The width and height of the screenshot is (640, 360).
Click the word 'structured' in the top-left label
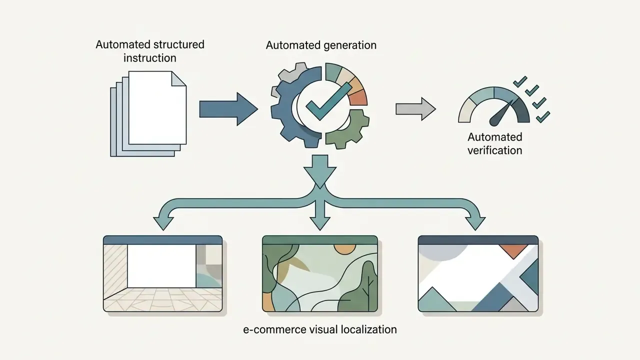click(x=179, y=44)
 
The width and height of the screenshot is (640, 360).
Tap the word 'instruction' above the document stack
click(x=149, y=58)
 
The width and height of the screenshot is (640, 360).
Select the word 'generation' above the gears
click(x=349, y=45)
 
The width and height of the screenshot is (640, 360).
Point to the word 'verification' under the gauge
click(x=495, y=150)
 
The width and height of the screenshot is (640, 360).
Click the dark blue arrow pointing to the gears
click(x=228, y=109)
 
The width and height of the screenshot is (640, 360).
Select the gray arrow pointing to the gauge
click(x=415, y=109)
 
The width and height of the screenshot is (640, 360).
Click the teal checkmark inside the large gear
click(x=328, y=101)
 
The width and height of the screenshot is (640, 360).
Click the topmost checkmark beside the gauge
click(x=520, y=82)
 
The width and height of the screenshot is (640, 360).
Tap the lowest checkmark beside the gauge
click(x=543, y=117)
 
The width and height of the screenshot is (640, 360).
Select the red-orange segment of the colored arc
click(x=358, y=97)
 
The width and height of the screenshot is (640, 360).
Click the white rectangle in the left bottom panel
click(x=161, y=266)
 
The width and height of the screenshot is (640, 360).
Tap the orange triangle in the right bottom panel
click(x=513, y=251)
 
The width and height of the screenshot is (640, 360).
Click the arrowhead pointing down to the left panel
click(x=163, y=223)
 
